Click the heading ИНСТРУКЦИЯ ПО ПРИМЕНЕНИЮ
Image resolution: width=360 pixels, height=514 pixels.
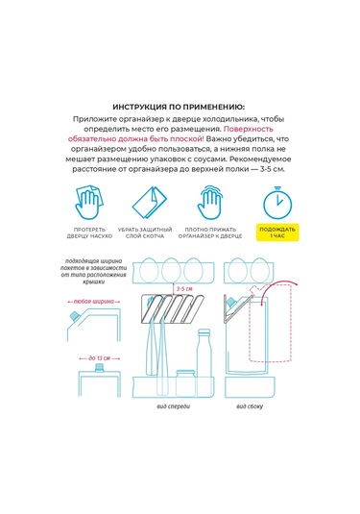[x=179, y=108]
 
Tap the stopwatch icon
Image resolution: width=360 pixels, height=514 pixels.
[x=277, y=203]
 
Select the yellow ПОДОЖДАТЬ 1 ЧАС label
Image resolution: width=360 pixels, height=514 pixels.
[x=277, y=233]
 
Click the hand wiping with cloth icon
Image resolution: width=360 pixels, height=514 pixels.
[x=88, y=203]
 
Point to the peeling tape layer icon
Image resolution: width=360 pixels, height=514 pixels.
[x=149, y=203]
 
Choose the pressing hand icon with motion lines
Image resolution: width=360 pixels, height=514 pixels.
[x=210, y=203]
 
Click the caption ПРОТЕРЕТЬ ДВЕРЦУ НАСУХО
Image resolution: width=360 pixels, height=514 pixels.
[x=89, y=233]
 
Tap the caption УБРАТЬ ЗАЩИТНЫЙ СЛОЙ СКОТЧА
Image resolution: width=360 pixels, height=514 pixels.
[x=145, y=233]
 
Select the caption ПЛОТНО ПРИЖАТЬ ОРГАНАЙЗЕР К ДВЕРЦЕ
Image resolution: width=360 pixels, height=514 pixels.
[x=210, y=233]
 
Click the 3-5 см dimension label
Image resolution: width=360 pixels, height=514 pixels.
[x=184, y=289]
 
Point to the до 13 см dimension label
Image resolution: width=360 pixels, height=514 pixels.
[x=99, y=358]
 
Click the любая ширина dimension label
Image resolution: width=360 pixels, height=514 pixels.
[x=94, y=302]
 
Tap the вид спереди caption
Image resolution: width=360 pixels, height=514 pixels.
[x=174, y=406]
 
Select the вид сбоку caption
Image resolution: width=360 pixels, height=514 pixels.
[x=250, y=406]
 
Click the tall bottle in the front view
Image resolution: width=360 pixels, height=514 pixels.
[x=204, y=354]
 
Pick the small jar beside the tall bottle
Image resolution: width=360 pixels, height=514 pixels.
[x=185, y=382]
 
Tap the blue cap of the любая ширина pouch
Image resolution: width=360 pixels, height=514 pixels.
[x=75, y=316]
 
